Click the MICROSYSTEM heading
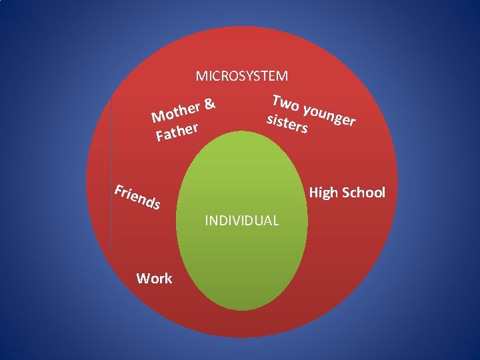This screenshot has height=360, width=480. (x=242, y=77)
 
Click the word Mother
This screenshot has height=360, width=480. (x=175, y=112)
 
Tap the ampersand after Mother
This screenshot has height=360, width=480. (x=209, y=103)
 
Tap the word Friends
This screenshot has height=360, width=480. (x=137, y=197)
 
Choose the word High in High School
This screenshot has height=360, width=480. (x=323, y=193)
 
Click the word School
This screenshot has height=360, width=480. (x=363, y=193)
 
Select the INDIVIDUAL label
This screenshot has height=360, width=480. (x=242, y=220)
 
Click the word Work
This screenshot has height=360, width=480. (x=154, y=279)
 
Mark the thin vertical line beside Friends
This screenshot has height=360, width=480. (x=111, y=173)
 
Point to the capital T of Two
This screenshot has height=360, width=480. (x=277, y=100)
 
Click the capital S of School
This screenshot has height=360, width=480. (x=346, y=193)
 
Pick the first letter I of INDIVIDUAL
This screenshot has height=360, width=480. (x=207, y=220)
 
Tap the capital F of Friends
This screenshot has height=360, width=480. (x=119, y=190)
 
